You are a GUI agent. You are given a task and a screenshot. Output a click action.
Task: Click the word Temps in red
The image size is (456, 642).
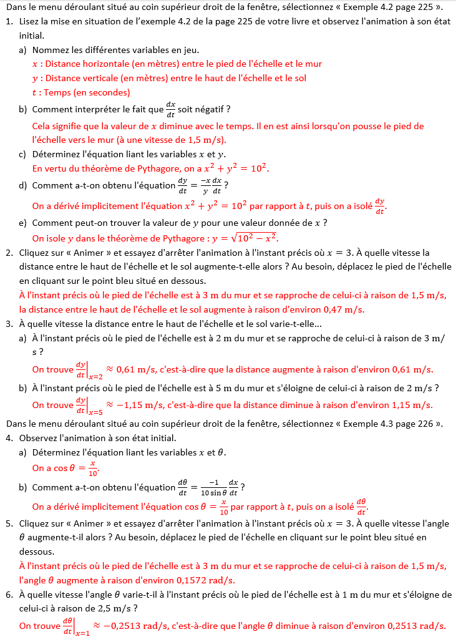(x=56, y=92)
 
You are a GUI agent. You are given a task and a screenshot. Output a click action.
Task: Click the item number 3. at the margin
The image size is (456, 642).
(x=9, y=324)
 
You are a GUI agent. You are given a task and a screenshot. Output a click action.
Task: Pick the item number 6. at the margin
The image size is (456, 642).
(x=9, y=595)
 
